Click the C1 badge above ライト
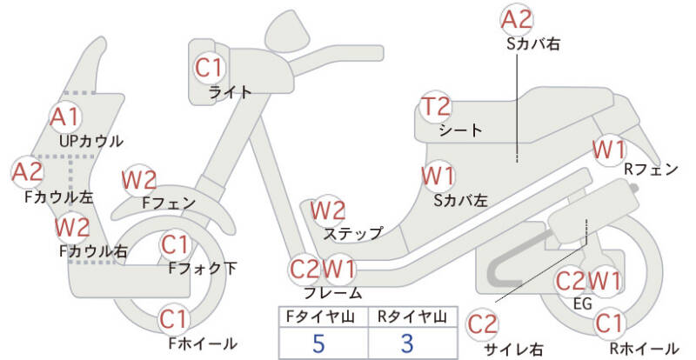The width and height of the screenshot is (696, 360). point(209,66)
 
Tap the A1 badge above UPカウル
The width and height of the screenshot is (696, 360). point(64,117)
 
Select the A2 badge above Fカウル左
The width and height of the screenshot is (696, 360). point(27,171)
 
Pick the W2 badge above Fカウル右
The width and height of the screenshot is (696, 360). point(72,228)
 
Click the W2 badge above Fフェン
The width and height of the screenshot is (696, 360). point(139,180)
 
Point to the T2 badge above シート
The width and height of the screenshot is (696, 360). point(437,108)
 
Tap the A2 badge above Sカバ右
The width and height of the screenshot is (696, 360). point(518,18)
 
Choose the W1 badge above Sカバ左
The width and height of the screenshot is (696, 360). point(438,176)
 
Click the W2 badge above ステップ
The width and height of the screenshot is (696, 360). point(329,210)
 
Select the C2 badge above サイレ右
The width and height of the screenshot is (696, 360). point(483,324)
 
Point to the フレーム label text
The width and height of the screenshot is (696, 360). point(333,293)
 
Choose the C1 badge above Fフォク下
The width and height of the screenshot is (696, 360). point(174,244)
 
